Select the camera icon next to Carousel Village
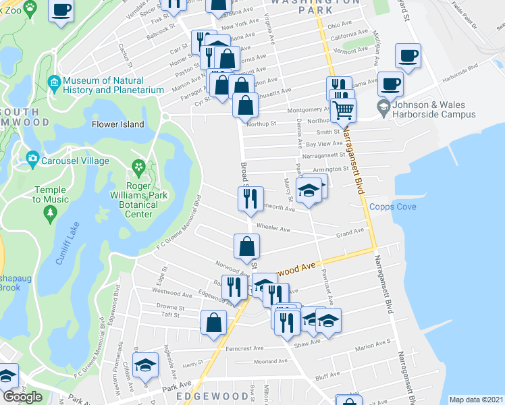point(32,160)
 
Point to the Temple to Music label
point(51,194)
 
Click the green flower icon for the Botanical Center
point(138,166)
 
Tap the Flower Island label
point(118,124)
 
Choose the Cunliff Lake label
point(69,241)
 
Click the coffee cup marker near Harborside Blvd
point(390,84)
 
